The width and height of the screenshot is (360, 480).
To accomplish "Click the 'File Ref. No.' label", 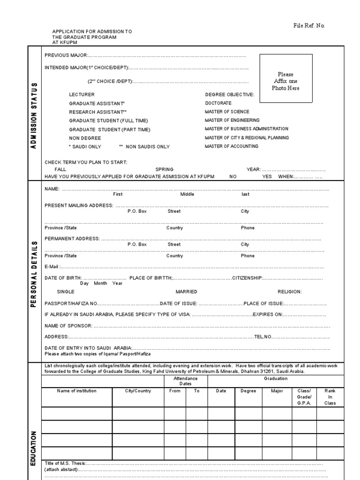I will click(x=309, y=26).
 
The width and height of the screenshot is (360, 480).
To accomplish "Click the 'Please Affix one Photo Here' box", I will click(x=285, y=78).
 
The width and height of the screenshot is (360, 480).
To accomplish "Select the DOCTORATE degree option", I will click(x=218, y=103).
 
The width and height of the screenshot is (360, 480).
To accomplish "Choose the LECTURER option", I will click(x=82, y=95).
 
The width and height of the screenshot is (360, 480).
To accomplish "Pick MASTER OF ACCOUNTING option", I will click(x=231, y=146).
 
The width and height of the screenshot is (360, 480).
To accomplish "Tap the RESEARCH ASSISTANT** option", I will click(x=98, y=112).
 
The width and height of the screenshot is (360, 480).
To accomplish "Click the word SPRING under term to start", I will click(x=164, y=170).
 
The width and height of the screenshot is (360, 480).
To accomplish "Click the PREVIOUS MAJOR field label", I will click(x=66, y=55).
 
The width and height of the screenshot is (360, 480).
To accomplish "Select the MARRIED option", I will click(x=186, y=292).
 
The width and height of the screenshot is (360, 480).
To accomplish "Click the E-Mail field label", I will click(x=52, y=267).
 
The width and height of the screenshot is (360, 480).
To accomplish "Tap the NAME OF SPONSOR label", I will click(x=68, y=325).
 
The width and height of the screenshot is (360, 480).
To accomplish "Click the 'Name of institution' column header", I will click(x=76, y=391).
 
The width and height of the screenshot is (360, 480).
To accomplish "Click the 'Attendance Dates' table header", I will click(x=185, y=381).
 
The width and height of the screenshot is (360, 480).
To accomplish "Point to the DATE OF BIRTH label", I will click(x=63, y=278).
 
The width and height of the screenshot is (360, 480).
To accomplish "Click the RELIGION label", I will click(x=289, y=292).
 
